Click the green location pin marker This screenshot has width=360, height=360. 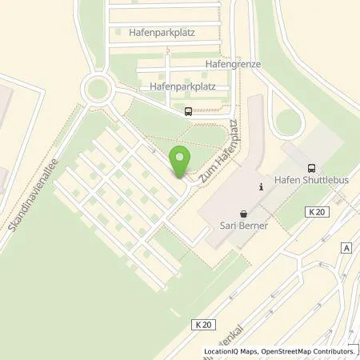click(181, 160)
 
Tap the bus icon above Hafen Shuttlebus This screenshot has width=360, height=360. click(310, 168)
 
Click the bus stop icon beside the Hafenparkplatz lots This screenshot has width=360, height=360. click(187, 112)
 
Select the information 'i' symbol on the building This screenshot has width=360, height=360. click(260, 186)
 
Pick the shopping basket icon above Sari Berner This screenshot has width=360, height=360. click(243, 214)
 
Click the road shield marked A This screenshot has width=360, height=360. click(345, 248)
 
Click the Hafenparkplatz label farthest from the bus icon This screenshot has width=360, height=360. click(161, 33)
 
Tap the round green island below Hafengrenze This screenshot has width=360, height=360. click(288, 122)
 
